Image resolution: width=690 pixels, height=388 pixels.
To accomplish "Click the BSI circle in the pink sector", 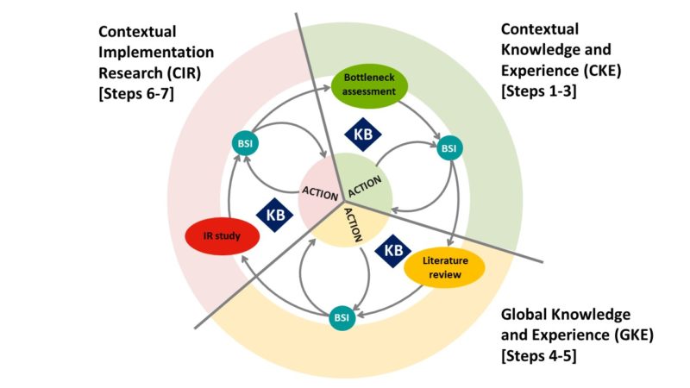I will click(243, 142).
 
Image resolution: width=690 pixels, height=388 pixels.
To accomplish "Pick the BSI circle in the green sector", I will click(448, 149).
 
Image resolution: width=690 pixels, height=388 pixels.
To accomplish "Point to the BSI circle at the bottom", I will click(342, 318).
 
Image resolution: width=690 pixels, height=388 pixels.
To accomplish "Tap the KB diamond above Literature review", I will click(393, 250).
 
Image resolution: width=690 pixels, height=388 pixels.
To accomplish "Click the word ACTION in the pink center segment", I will click(319, 191).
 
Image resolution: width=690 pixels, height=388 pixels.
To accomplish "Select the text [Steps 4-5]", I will click(537, 354).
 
